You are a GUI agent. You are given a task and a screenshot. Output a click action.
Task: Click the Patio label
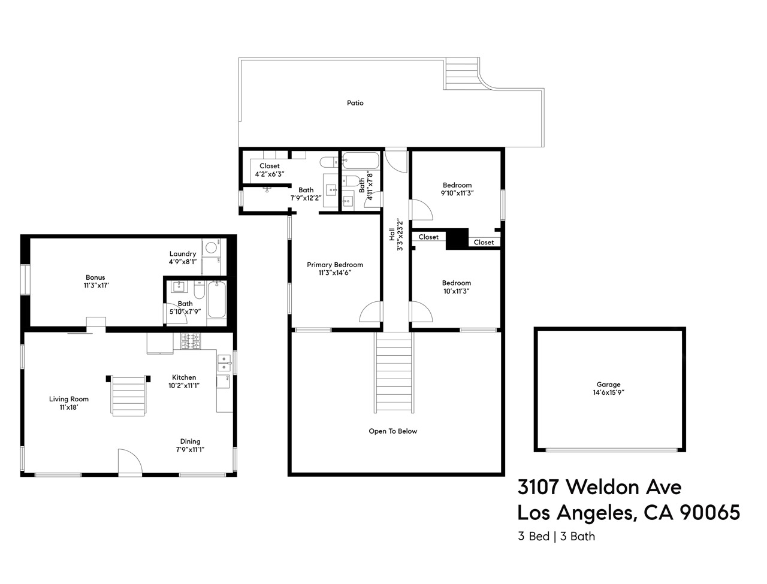pos(355,103)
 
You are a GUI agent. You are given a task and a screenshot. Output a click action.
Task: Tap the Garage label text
pos(608,385)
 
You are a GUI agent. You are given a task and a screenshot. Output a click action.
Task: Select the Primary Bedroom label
pos(335,265)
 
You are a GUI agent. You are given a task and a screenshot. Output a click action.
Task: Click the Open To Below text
pos(392,431)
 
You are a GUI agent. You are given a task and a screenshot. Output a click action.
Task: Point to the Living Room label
pos(69,399)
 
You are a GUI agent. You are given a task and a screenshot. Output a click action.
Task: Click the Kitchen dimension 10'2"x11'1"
pos(184,386)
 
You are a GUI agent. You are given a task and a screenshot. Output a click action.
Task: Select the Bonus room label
pos(95,277)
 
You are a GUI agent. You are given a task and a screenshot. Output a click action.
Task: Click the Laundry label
pos(183,254)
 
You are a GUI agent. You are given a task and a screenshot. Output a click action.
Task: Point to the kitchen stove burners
pos(190,342)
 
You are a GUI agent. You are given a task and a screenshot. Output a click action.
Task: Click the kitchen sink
pos(224,362)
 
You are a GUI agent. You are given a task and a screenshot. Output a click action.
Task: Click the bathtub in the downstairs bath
pos(216,299)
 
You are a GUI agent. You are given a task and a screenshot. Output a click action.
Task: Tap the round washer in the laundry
pos(210,247)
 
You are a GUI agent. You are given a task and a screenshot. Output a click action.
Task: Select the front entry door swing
pos(129,463)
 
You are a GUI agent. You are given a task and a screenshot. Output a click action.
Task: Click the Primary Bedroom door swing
pos(372,313)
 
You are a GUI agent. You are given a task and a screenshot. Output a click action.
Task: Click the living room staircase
pos(129,395)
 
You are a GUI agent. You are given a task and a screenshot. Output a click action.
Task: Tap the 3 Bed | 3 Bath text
pos(557,536)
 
